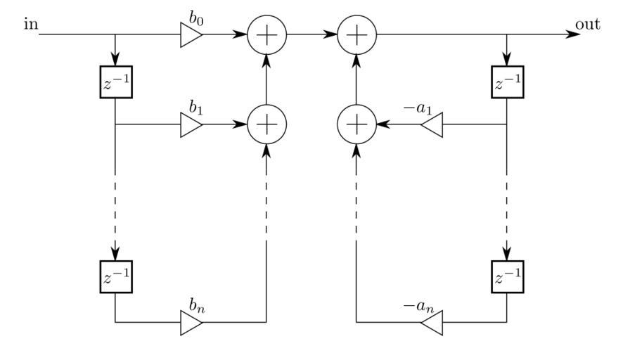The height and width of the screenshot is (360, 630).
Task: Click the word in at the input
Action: [30, 25]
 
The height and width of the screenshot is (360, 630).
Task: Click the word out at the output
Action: [588, 25]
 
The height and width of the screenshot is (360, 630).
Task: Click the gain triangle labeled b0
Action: [191, 34]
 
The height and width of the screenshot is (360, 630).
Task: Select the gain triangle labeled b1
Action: [191, 125]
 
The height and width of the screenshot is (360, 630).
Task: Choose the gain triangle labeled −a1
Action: [432, 125]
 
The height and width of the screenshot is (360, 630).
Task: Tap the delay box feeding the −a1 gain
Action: [507, 84]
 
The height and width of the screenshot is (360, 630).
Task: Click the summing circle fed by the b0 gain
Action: [266, 34]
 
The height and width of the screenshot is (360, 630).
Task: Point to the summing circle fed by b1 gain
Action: [266, 125]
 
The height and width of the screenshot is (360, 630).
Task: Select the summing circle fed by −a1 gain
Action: [357, 125]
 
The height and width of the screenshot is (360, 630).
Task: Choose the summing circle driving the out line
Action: [357, 34]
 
